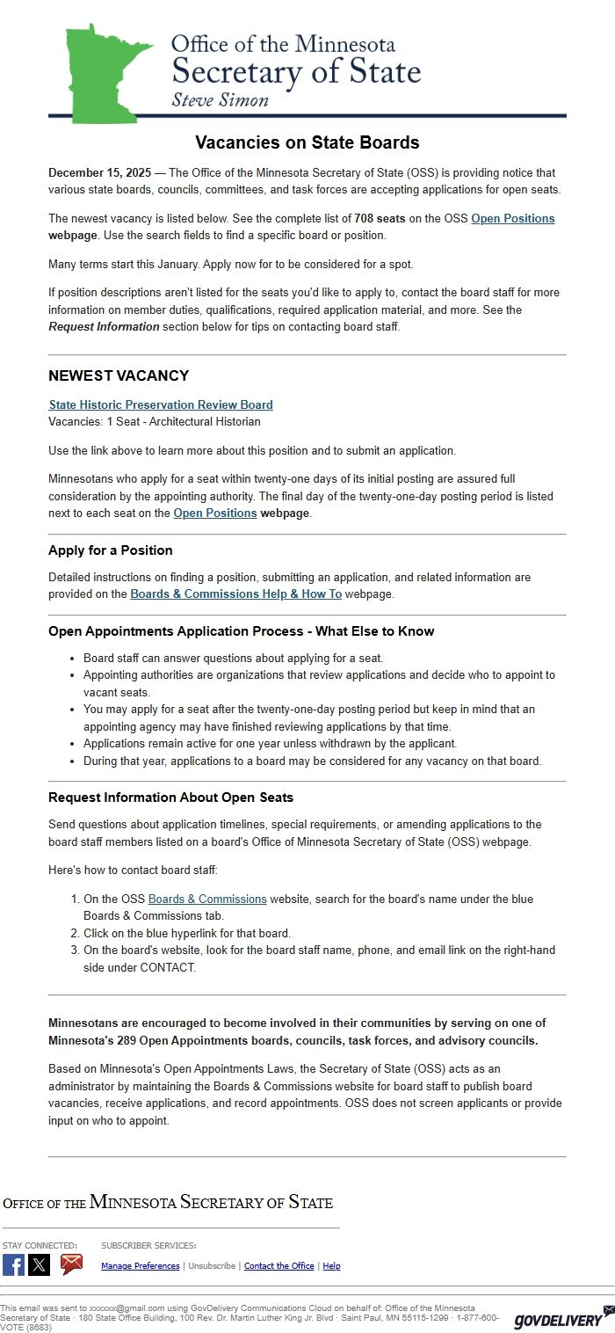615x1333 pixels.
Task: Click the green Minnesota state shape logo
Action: [101, 75]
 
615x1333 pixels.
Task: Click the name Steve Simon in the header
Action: [220, 99]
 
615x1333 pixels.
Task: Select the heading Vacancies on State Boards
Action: [307, 142]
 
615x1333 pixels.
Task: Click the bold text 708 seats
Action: [380, 218]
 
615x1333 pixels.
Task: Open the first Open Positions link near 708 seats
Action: [512, 218]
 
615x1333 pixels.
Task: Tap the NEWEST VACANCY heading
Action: [119, 375]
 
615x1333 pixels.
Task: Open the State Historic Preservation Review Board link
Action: [161, 404]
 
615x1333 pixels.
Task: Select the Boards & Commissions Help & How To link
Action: [235, 594]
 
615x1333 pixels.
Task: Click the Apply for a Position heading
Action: [111, 550]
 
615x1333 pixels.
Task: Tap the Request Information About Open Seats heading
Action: [170, 798]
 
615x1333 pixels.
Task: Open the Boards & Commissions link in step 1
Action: [207, 899]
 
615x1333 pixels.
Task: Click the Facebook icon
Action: [13, 1264]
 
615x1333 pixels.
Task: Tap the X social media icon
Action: [40, 1264]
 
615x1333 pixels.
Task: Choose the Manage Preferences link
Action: [141, 1266]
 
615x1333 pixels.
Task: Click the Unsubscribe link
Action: [212, 1266]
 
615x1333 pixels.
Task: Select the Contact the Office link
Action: [279, 1266]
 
